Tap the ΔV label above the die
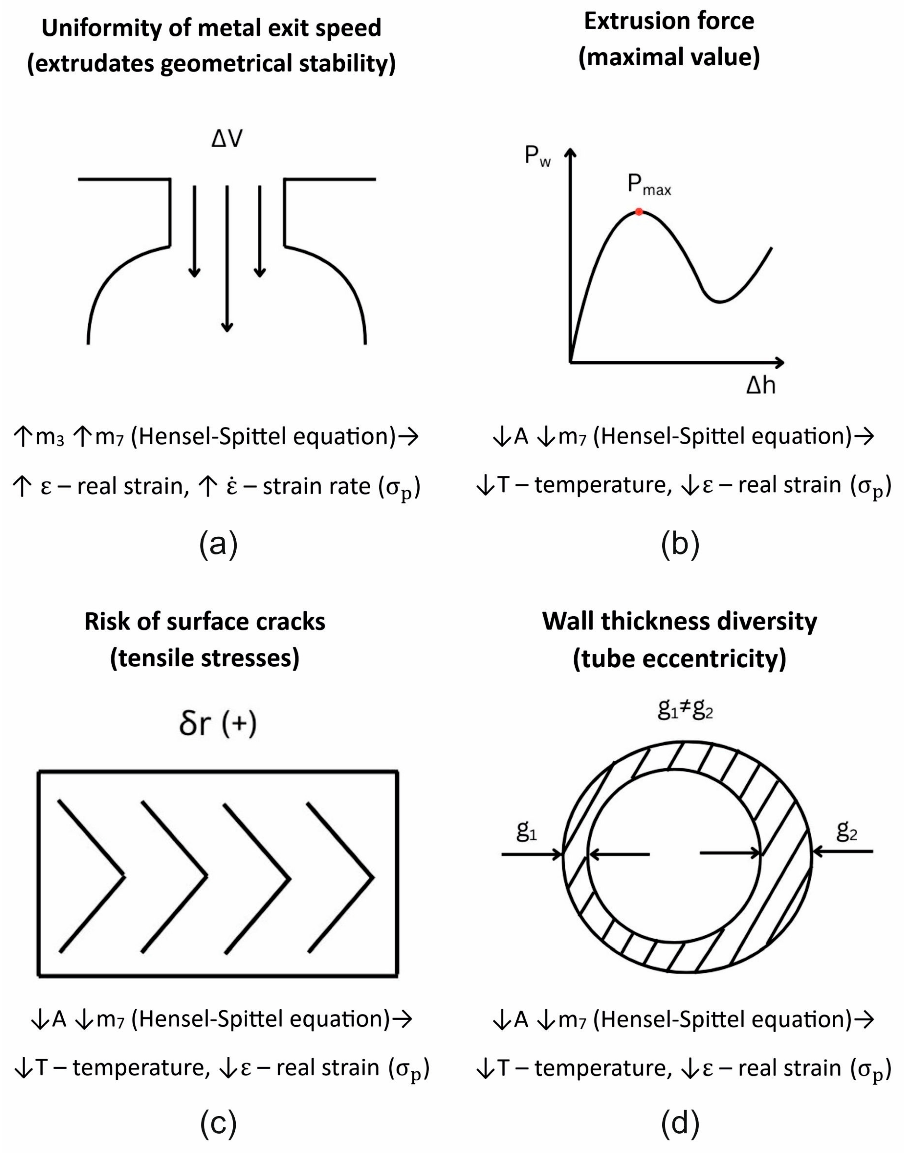(228, 139)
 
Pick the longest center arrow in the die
(227, 260)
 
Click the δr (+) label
(217, 725)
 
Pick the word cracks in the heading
(287, 622)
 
